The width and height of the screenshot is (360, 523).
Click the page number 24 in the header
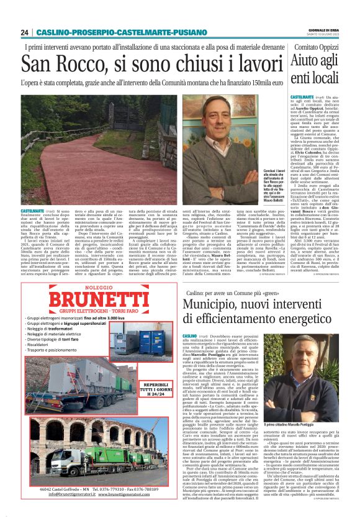[x=24, y=32]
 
